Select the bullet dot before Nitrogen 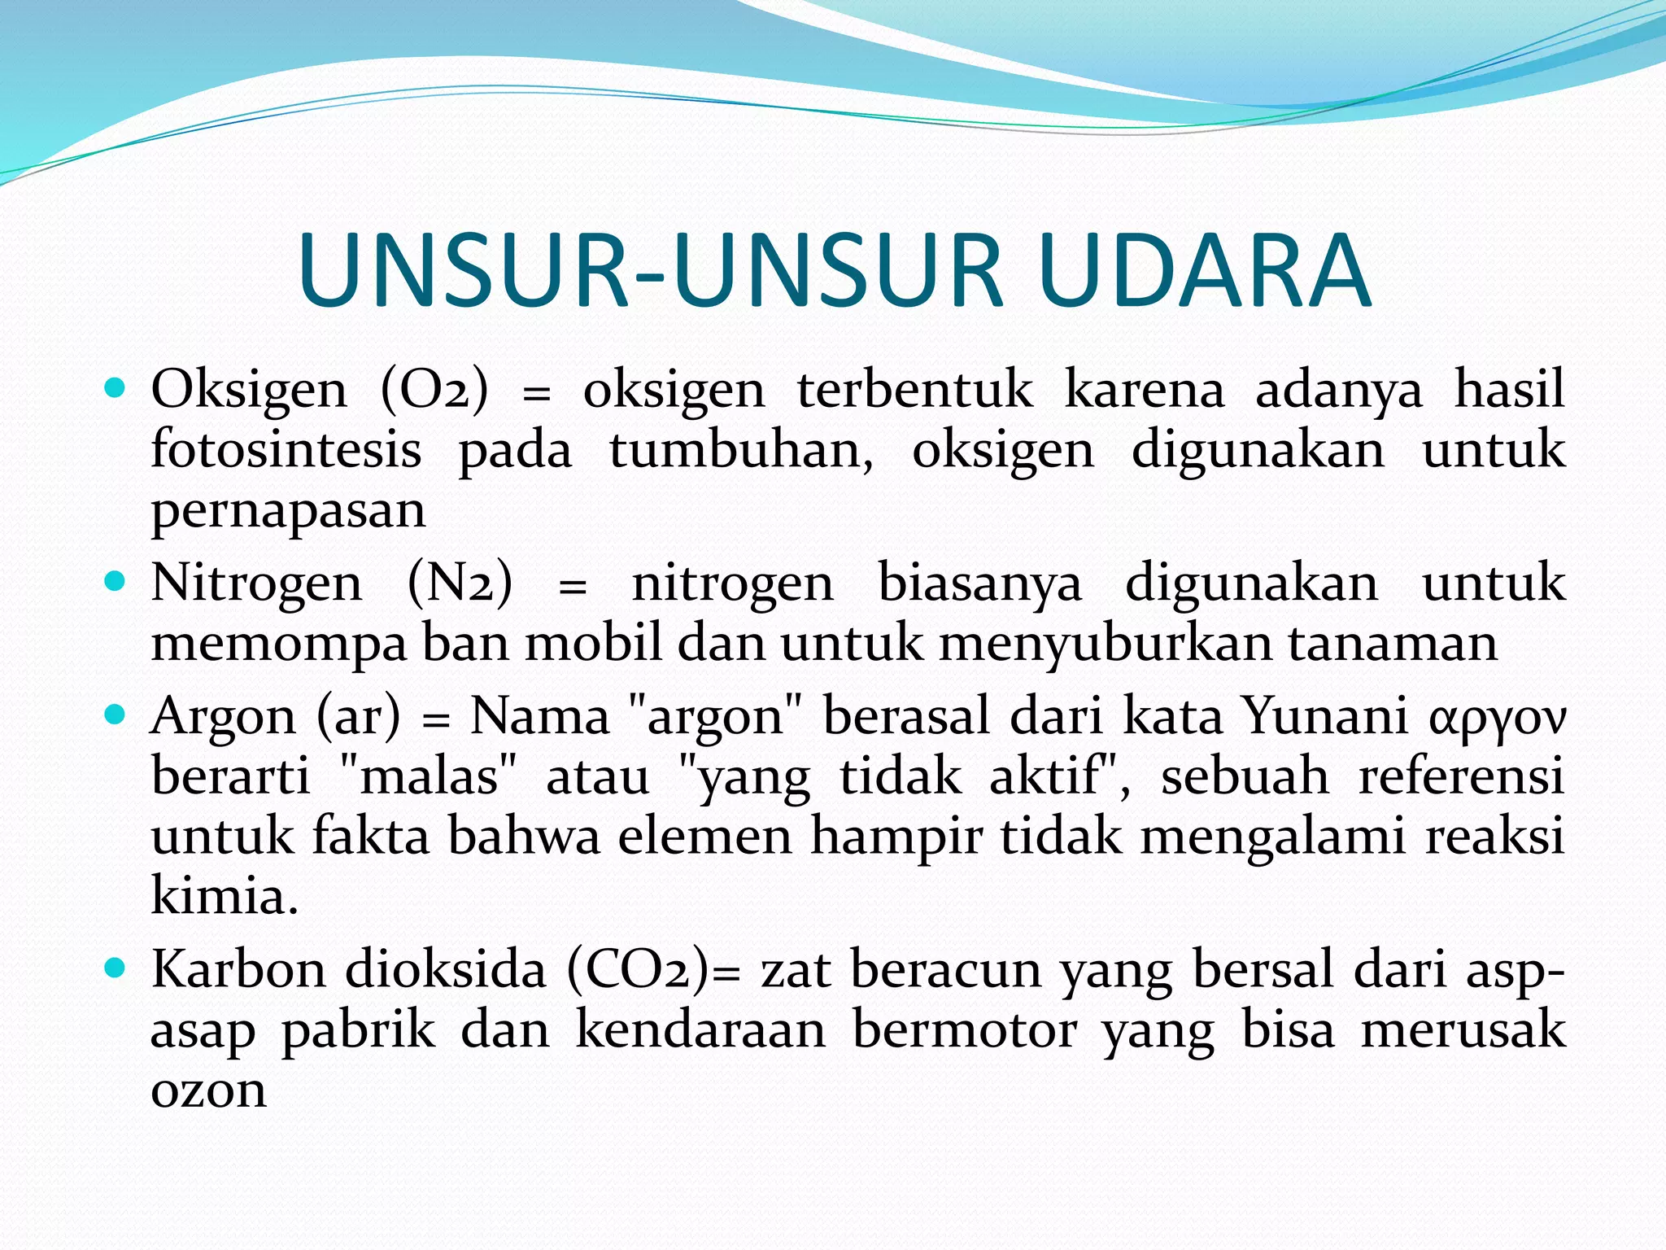(116, 581)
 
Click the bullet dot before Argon (116, 715)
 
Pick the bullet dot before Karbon (116, 968)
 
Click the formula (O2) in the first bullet (434, 389)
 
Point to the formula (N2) (460, 583)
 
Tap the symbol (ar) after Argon (358, 717)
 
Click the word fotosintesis (286, 450)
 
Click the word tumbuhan (741, 450)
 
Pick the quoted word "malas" (428, 776)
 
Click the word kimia (225, 897)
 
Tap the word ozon (208, 1090)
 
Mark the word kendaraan (700, 1029)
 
